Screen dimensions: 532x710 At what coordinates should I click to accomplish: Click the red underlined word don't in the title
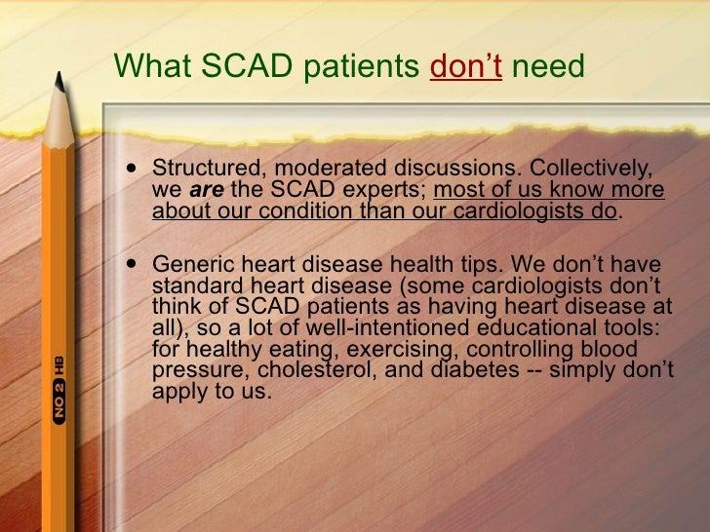(466, 65)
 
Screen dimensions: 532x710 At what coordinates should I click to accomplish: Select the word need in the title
(547, 65)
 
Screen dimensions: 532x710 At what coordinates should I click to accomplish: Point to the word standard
(191, 285)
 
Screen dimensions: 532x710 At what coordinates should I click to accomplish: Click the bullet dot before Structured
(133, 169)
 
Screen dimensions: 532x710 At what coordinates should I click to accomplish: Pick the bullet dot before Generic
(133, 265)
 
